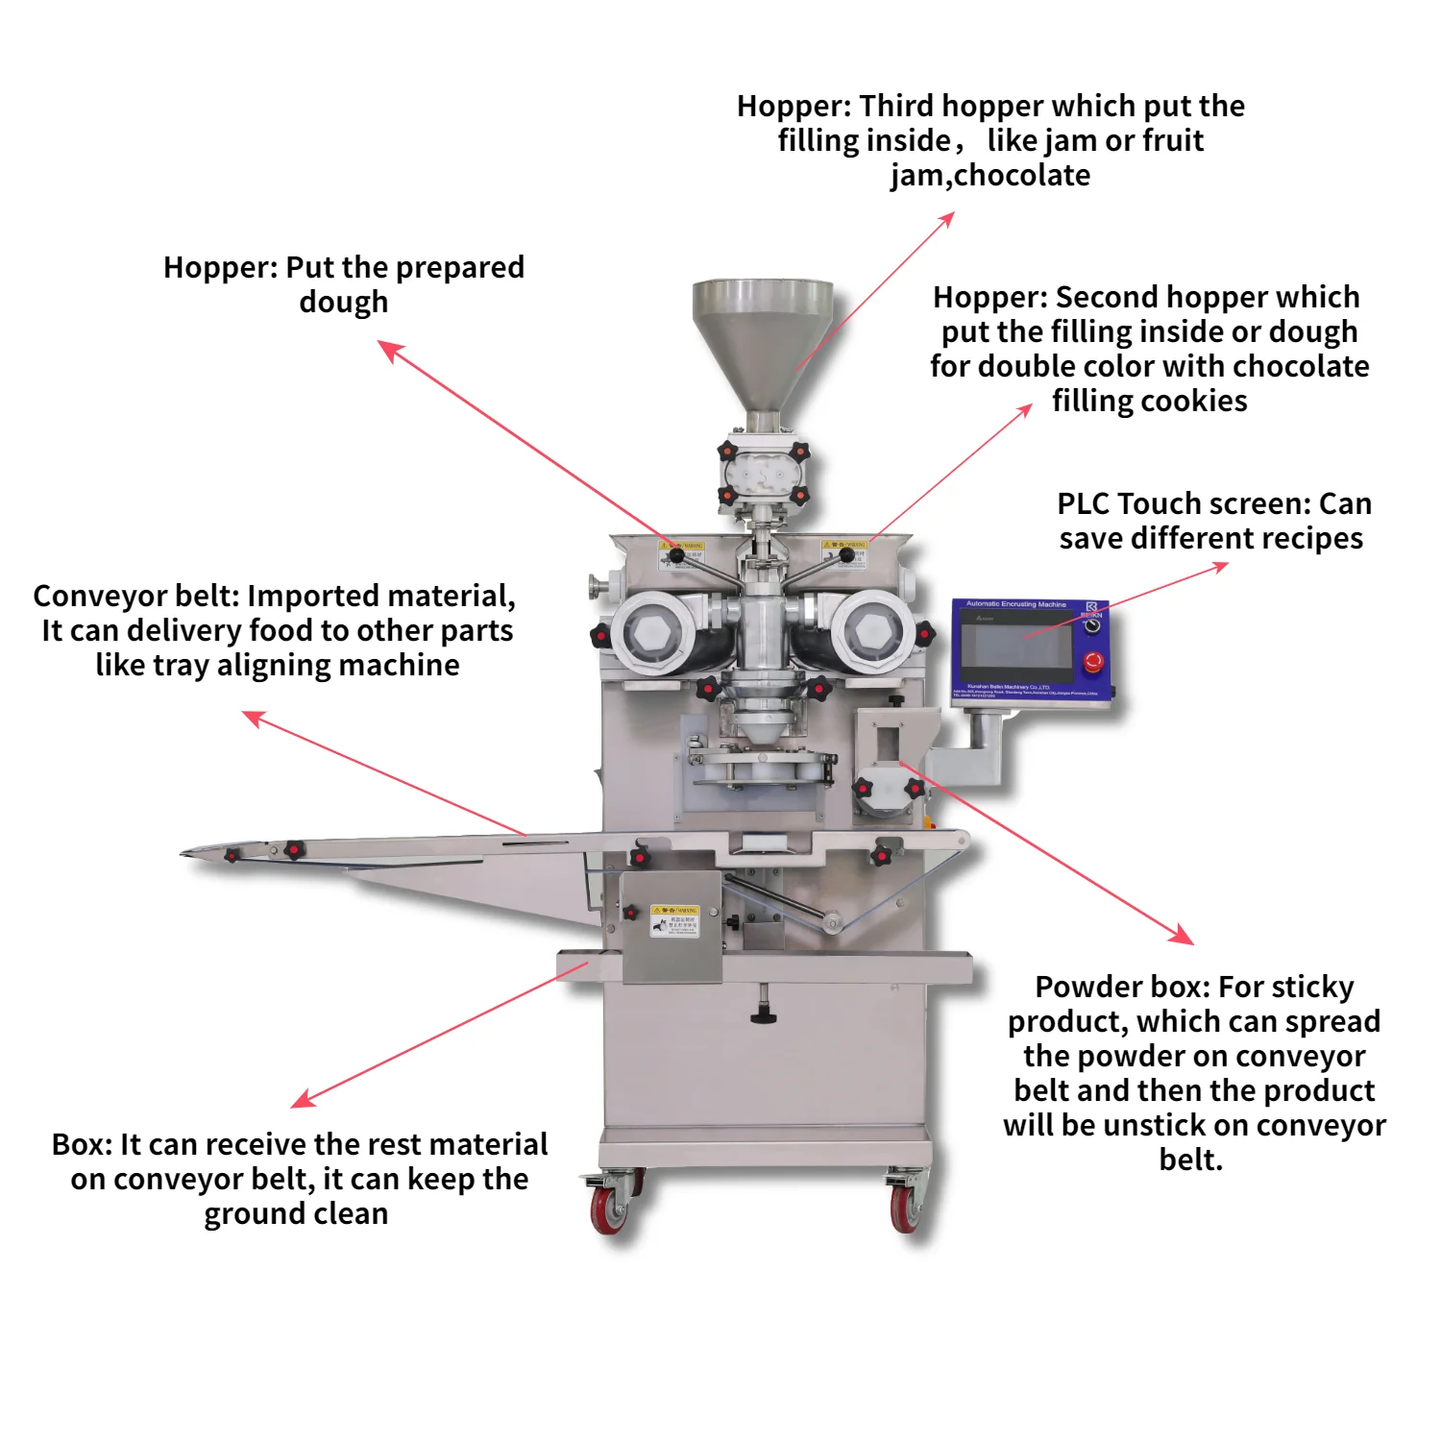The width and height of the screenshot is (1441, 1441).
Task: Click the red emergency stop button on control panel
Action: (x=1092, y=662)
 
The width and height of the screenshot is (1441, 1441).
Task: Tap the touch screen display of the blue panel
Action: (x=1017, y=646)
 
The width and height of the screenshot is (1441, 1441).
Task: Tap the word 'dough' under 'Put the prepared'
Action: (x=343, y=302)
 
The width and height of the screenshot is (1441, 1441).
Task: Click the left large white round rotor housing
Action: (x=651, y=632)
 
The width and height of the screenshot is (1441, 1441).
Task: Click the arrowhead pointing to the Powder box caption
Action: (x=1184, y=935)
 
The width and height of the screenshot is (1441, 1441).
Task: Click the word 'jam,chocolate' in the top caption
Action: (x=989, y=175)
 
